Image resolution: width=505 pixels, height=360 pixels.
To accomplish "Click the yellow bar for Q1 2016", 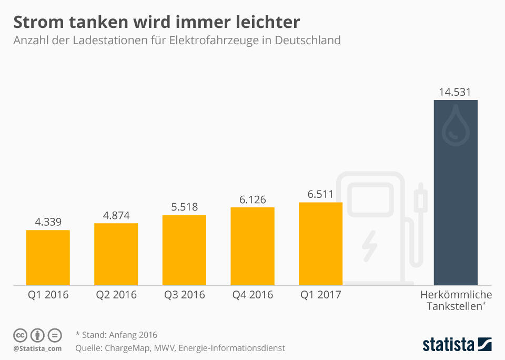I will [x=48, y=258].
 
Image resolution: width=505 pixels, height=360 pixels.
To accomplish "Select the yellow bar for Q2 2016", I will [x=116, y=255].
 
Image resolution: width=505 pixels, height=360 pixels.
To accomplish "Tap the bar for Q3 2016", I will [x=184, y=251].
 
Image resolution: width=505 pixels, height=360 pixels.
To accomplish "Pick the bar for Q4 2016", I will [x=252, y=246].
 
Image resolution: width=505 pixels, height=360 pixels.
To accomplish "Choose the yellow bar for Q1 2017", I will [x=320, y=244].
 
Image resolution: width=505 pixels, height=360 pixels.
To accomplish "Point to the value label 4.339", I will [x=48, y=222].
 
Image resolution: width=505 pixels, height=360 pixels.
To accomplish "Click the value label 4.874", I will [x=116, y=215].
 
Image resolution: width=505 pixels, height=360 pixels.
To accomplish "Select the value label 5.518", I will [x=184, y=207].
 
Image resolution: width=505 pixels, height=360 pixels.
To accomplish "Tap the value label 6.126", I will [x=252, y=199].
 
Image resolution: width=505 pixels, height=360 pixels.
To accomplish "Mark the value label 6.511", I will [x=320, y=194].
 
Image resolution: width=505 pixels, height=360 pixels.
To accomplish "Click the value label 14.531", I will [x=456, y=92].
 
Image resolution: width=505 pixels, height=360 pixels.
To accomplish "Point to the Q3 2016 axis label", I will [x=184, y=295].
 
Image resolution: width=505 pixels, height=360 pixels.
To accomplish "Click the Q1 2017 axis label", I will [x=320, y=295].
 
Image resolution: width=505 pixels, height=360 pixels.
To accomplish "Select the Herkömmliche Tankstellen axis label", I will [x=456, y=300].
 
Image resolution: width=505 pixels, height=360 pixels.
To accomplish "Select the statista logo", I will [x=457, y=345].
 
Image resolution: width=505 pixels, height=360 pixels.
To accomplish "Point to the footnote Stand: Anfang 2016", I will [x=116, y=335].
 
